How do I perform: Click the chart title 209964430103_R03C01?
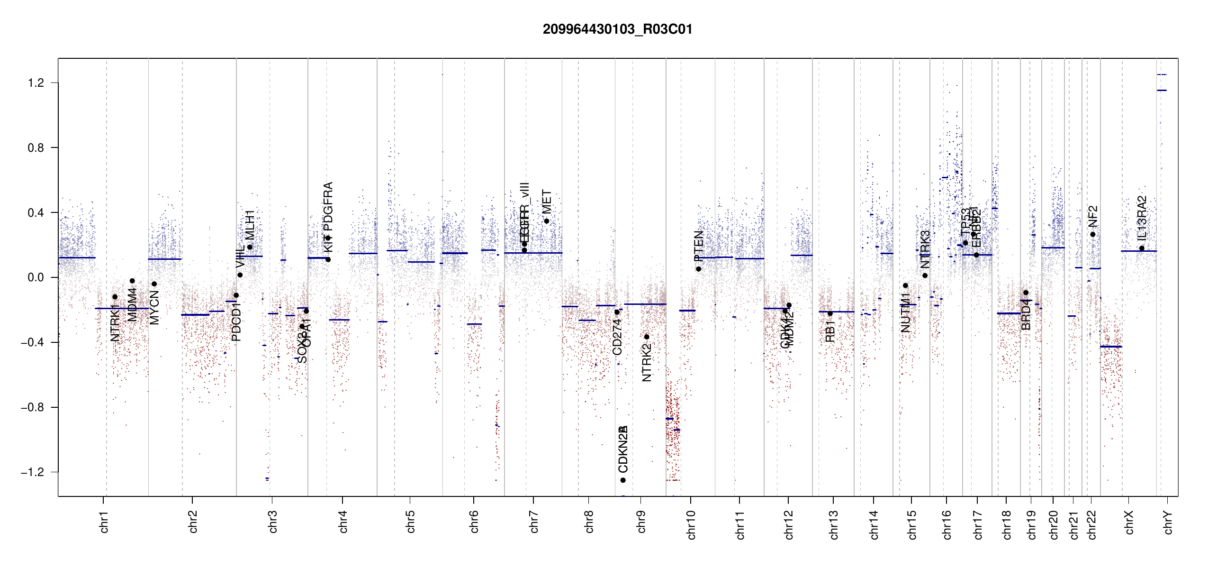617,29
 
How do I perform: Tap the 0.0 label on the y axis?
36,277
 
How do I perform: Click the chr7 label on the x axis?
534,522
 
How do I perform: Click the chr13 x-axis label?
833,524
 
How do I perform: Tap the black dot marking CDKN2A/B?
623,480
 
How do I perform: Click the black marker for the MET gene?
547,221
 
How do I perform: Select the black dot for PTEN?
698,269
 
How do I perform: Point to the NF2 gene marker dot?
1093,235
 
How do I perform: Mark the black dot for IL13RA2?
1142,248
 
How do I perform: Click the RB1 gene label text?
830,331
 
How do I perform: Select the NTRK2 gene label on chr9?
647,363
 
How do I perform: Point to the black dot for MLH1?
250,247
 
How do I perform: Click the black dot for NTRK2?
647,337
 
